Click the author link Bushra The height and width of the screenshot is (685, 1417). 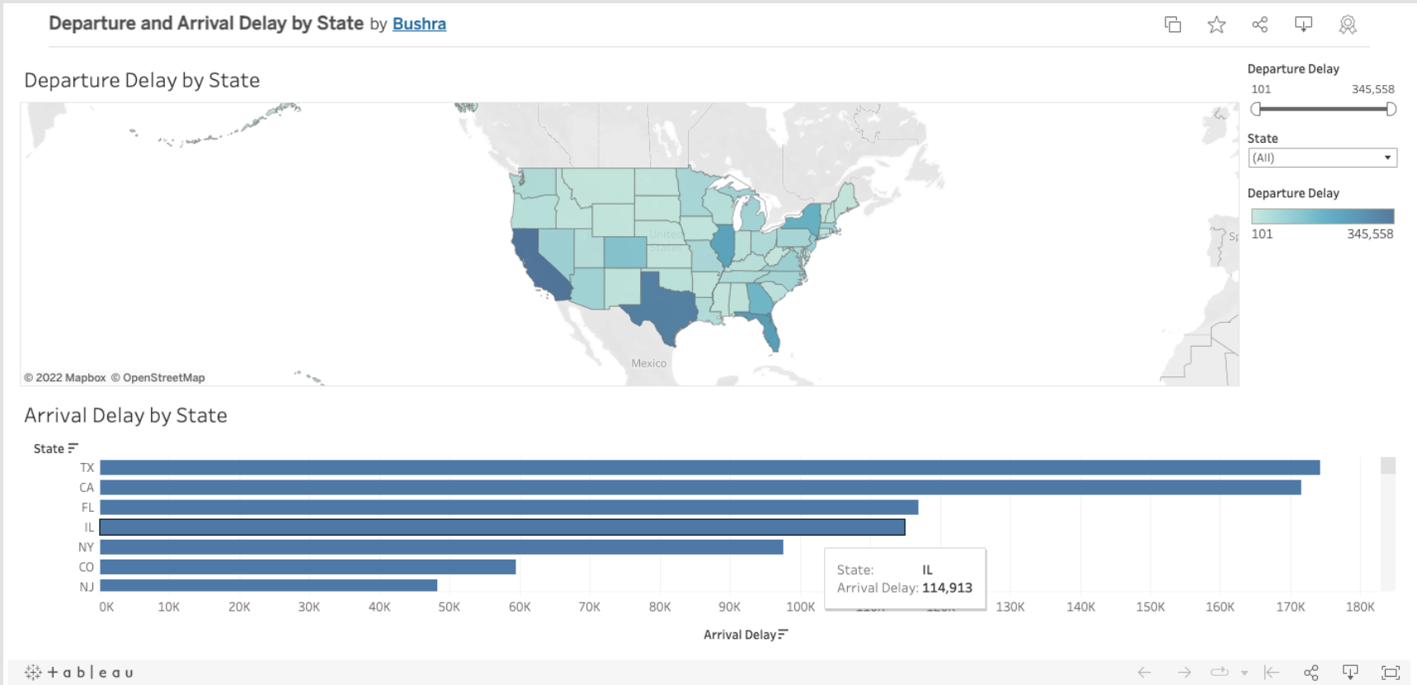pos(419,24)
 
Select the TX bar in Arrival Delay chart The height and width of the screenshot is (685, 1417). pos(709,468)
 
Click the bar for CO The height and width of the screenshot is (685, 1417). pos(307,567)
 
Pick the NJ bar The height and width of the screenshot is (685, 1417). pos(268,586)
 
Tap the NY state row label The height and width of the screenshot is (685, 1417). pos(86,547)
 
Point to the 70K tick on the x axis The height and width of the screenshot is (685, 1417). pos(589,607)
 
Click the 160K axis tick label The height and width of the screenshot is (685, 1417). pos(1220,607)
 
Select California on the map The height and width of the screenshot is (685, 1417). pos(536,260)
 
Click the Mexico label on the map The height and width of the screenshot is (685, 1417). pos(648,363)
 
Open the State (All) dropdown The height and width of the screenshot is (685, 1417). pos(1322,158)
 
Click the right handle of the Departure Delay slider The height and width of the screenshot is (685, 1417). pos(1391,109)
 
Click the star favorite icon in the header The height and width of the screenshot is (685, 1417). pos(1216,25)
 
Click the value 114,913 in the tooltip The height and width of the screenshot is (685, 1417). pos(947,588)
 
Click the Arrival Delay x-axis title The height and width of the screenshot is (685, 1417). pos(740,635)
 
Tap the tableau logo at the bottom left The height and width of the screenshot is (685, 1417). pos(79,672)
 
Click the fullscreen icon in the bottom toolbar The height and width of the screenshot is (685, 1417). pos(1390,672)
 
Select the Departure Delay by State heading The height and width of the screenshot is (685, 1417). pos(142,80)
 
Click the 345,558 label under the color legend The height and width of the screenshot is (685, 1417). pos(1369,234)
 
